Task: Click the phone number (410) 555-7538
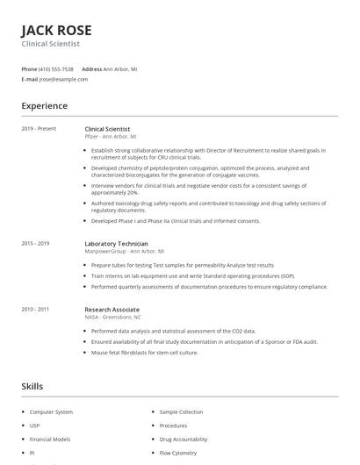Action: pyautogui.click(x=56, y=68)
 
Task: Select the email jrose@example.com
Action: pyautogui.click(x=63, y=79)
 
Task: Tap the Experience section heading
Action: pyautogui.click(x=44, y=106)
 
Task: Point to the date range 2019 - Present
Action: pyautogui.click(x=39, y=129)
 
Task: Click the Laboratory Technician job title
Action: pyautogui.click(x=116, y=243)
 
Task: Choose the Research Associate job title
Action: pyautogui.click(x=112, y=309)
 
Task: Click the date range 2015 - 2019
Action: pyautogui.click(x=35, y=243)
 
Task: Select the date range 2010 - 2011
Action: pyautogui.click(x=35, y=309)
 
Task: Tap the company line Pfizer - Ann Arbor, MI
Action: pyautogui.click(x=110, y=137)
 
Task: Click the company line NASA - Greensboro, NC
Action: pyautogui.click(x=112, y=317)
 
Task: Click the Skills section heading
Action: pyautogui.click(x=32, y=386)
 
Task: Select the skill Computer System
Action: pyautogui.click(x=51, y=411)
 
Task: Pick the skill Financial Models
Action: pyautogui.click(x=50, y=439)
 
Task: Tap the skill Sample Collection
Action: pyautogui.click(x=181, y=411)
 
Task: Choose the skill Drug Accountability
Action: pyautogui.click(x=184, y=439)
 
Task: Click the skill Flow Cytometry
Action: pyautogui.click(x=178, y=453)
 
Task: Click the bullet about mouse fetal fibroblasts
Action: pyautogui.click(x=145, y=352)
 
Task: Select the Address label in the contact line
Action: pyautogui.click(x=91, y=68)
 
